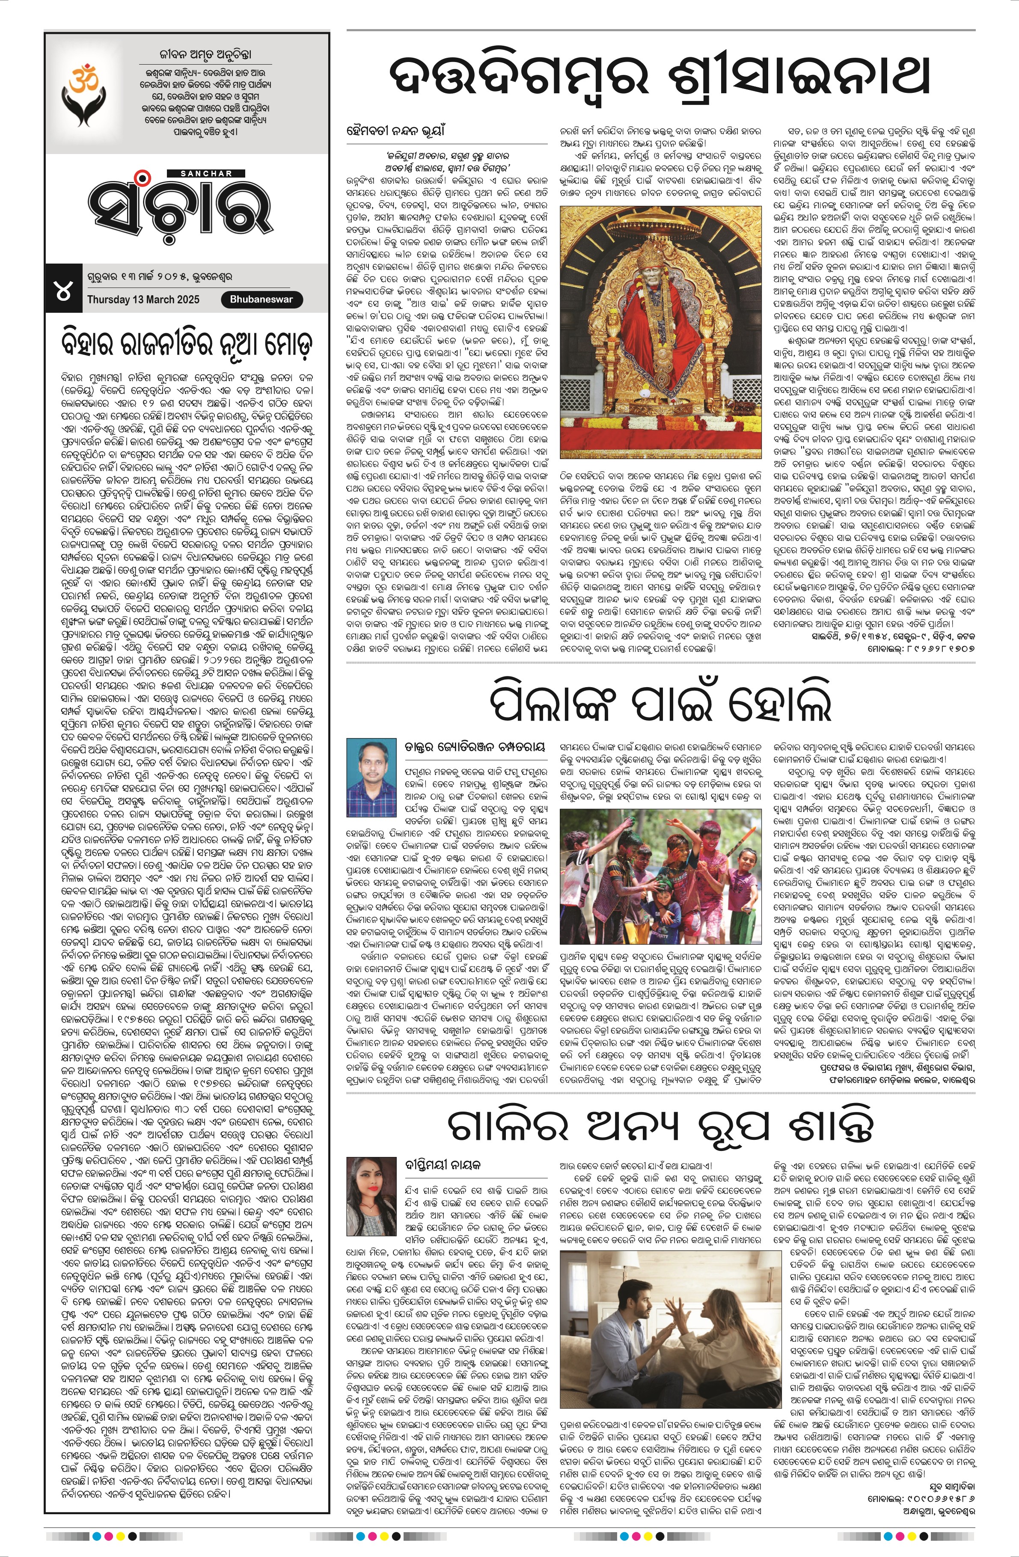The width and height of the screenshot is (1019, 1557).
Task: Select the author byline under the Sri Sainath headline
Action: pos(395,131)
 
